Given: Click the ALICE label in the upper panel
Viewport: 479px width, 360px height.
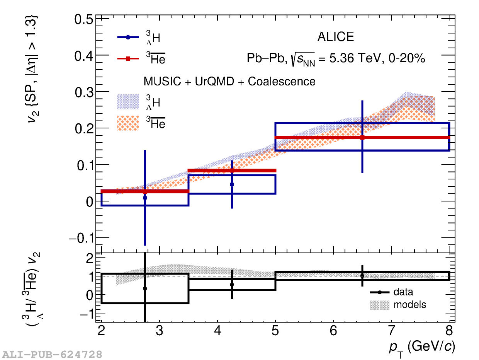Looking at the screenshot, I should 335,37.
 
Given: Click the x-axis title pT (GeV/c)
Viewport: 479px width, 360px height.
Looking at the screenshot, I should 422,347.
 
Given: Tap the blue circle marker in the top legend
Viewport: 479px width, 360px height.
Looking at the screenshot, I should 128,38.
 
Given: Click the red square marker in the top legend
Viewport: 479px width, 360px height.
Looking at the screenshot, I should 128,59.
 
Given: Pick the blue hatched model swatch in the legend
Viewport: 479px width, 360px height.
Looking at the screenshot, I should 128,101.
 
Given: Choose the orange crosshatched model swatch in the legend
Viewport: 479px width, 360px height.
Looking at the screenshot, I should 128,123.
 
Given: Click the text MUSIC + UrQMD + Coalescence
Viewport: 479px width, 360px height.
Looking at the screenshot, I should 229,82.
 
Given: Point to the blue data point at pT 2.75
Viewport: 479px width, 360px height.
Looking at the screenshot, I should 145,198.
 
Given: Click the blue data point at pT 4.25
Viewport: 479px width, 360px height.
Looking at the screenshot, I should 232,184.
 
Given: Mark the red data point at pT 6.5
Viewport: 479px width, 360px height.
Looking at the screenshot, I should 362,137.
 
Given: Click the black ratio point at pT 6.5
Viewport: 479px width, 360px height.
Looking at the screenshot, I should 362,276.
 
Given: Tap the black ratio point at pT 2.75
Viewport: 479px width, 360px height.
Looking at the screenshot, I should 145,288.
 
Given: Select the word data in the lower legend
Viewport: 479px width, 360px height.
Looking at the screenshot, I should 403,292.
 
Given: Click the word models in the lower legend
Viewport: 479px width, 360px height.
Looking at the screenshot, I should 409,305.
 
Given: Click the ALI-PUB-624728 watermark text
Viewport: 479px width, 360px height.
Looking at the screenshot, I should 53,354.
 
